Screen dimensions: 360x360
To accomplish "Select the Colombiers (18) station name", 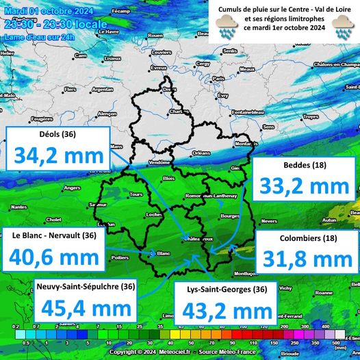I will (x=306, y=239).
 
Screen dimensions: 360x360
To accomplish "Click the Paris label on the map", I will (x=218, y=79).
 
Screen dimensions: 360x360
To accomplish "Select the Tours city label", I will (x=136, y=194).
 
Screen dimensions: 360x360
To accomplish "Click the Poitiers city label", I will (x=120, y=257).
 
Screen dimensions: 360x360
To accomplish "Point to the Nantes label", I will (x=19, y=207).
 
